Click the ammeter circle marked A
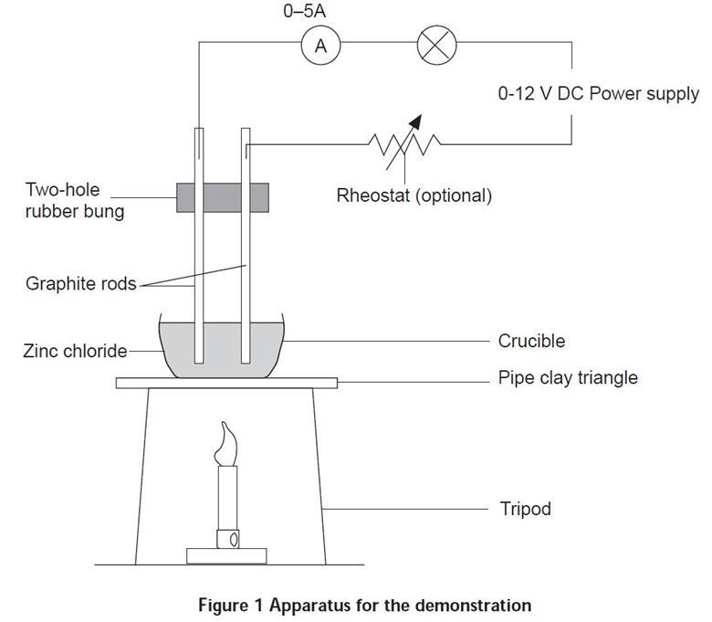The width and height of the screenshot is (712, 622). (320, 46)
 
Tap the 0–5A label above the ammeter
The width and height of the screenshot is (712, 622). (320, 13)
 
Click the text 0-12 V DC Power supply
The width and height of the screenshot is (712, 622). (598, 94)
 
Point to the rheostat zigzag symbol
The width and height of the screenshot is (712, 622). (403, 142)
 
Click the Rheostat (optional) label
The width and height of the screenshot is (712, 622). (414, 195)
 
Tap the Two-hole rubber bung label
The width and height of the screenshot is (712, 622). (74, 202)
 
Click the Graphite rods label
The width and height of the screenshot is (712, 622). (80, 283)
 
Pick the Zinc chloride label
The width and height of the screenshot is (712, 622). (75, 350)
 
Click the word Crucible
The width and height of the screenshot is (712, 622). (531, 341)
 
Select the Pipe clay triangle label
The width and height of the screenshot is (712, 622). (568, 377)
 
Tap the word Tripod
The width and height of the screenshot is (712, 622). (525, 508)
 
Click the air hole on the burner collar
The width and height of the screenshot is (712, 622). (234, 539)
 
